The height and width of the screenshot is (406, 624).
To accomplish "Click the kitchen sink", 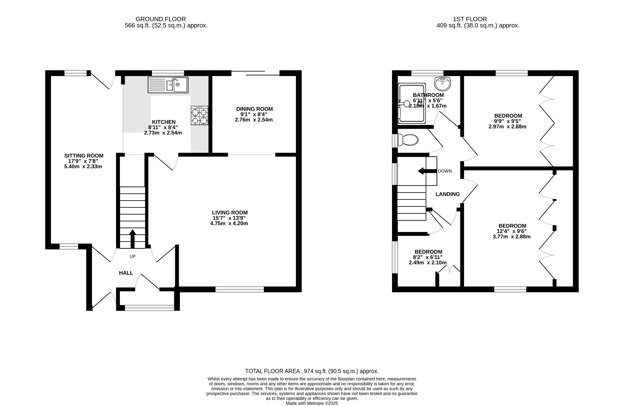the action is (x=168, y=85).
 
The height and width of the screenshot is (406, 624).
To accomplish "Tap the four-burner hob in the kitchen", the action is (x=199, y=115).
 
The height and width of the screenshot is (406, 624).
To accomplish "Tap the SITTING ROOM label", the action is (x=84, y=156).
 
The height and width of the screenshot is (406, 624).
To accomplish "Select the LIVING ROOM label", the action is (x=230, y=213).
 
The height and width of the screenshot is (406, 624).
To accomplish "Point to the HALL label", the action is (x=126, y=273).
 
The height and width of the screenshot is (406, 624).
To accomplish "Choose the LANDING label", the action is (x=447, y=194).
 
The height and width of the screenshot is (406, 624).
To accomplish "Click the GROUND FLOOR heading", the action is (x=161, y=19).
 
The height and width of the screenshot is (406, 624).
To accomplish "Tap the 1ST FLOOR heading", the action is (x=470, y=19).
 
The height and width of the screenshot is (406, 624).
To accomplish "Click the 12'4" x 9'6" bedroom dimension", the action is (x=512, y=231).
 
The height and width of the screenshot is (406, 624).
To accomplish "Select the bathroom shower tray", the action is (x=412, y=103).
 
